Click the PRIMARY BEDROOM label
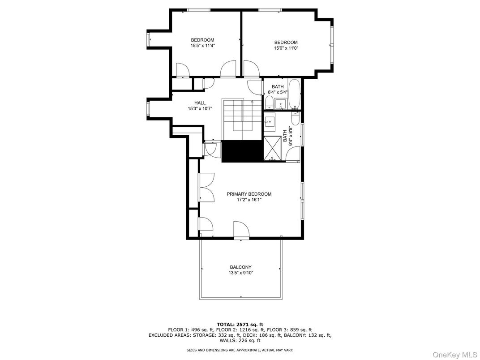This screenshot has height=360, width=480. click(x=249, y=194)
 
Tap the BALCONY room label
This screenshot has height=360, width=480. click(x=240, y=267)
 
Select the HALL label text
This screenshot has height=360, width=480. click(x=200, y=103)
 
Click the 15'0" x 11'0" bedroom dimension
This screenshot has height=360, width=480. click(x=286, y=48)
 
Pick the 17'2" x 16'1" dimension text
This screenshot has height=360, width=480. click(x=249, y=200)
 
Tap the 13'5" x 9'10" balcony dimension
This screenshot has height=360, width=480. click(x=240, y=273)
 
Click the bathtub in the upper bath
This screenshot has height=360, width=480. click(x=295, y=94)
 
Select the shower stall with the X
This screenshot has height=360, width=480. click(x=272, y=149)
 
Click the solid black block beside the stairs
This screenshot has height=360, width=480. click(x=243, y=151)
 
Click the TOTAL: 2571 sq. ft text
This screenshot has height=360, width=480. click(x=240, y=324)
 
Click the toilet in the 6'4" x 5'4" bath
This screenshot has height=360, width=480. click(x=269, y=103)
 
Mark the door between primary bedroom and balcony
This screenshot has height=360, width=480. click(x=241, y=230)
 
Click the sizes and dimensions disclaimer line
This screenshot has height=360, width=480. click(x=240, y=350)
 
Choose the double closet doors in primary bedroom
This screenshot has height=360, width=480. click(x=206, y=187)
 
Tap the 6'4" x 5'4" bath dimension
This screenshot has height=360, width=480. click(x=278, y=92)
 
